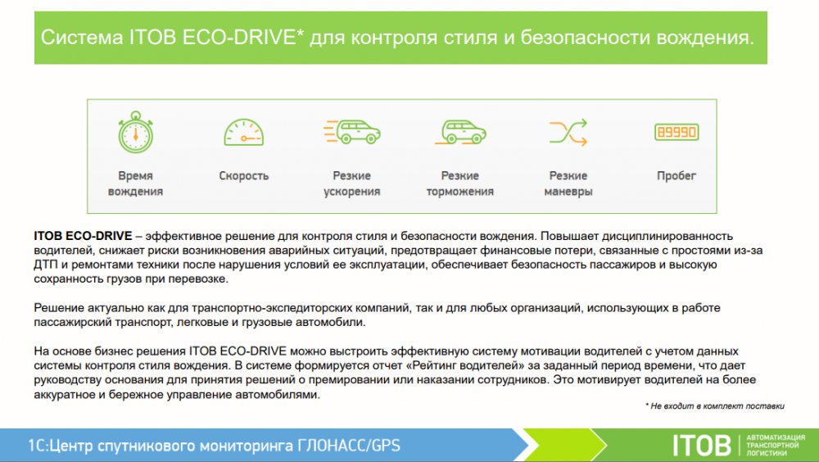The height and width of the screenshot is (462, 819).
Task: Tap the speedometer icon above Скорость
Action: [x=243, y=132]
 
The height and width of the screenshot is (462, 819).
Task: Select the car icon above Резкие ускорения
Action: [x=351, y=131]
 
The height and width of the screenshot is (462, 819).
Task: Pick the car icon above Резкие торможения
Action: [x=460, y=131]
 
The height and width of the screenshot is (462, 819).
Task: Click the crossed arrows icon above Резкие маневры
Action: [x=568, y=132]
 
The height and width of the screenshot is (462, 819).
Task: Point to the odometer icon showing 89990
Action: [x=676, y=132]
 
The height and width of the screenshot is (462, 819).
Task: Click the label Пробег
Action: [x=676, y=176]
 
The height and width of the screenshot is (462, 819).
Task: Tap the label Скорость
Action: [x=243, y=175]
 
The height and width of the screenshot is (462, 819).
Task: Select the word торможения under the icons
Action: [x=459, y=192]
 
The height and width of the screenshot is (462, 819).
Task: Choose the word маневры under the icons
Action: [x=568, y=192]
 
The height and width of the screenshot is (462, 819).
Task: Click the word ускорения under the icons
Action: [x=351, y=192]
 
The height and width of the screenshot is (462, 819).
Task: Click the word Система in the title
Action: [x=81, y=38]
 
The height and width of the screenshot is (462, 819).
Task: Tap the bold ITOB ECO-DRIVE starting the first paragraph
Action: [x=83, y=236]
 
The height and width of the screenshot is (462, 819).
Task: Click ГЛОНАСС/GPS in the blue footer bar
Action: [x=349, y=446]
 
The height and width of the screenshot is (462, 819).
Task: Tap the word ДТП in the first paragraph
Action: [x=45, y=265]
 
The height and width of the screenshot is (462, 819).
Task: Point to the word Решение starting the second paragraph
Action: [x=58, y=308]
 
